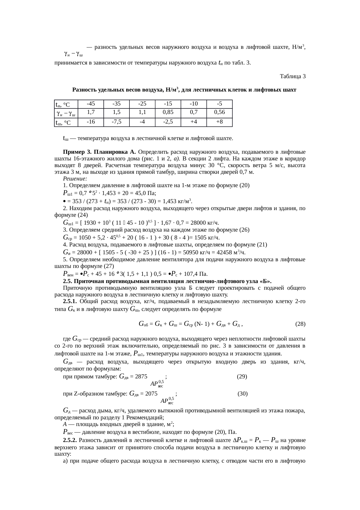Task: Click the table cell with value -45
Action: (91, 104)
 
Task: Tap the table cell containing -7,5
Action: (116, 122)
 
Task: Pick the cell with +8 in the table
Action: (219, 122)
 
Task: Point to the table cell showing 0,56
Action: (219, 112)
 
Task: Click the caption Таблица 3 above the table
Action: (292, 76)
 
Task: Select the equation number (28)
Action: (300, 324)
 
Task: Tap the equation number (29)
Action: (242, 377)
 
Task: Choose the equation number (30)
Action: (242, 394)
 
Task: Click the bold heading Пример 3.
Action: (77, 152)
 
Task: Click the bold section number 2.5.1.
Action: (70, 302)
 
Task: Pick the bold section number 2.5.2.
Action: (70, 440)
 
